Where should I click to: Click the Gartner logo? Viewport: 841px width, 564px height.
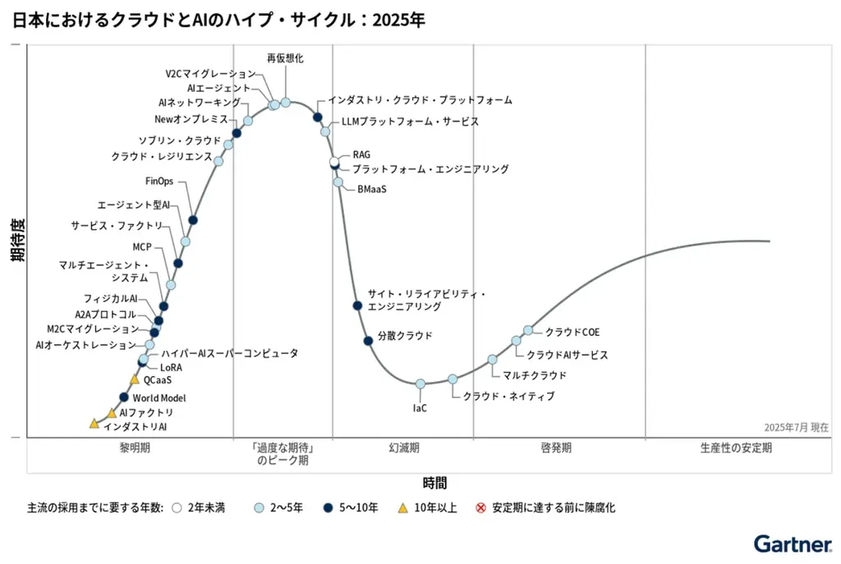click(792, 543)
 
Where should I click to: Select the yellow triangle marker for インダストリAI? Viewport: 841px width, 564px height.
click(94, 424)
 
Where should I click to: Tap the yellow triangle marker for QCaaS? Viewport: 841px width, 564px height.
click(135, 379)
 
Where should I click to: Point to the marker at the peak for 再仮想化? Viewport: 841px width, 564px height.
click(286, 102)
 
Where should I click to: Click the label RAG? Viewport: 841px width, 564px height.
click(361, 154)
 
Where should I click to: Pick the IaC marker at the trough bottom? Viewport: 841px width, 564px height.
click(420, 383)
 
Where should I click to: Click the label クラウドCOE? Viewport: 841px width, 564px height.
click(572, 332)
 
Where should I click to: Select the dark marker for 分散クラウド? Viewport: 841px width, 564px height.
click(368, 340)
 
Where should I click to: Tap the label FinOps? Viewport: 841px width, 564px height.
click(159, 181)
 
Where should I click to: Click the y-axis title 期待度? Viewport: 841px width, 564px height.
click(17, 240)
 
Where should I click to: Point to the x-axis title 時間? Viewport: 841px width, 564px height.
click(434, 483)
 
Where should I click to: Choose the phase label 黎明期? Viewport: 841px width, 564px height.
click(134, 448)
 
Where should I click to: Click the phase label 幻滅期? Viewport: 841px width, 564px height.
click(403, 448)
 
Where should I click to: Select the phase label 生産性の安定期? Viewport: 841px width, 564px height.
click(736, 448)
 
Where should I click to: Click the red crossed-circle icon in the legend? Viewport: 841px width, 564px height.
click(481, 508)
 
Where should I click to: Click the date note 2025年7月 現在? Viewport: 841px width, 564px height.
click(796, 427)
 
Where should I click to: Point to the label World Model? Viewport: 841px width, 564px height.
click(159, 398)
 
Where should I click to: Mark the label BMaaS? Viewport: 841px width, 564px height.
click(371, 189)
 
